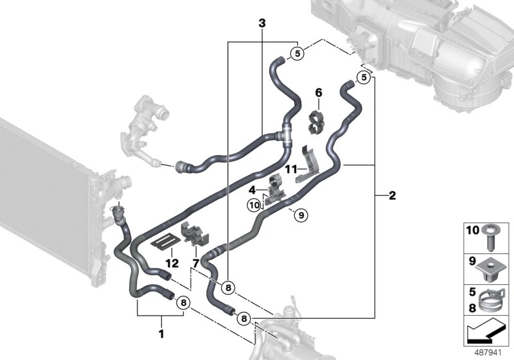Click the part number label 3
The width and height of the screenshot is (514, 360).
(x=261, y=23)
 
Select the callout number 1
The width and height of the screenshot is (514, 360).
(x=161, y=334)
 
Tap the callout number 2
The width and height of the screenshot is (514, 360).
(x=392, y=195)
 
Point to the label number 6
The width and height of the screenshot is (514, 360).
(x=317, y=93)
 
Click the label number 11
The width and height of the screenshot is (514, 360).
(x=289, y=169)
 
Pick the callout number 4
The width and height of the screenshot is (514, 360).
(x=253, y=189)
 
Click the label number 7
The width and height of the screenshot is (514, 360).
(x=195, y=263)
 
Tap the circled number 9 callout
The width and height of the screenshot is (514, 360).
(x=297, y=215)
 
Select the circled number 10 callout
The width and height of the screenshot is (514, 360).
(x=254, y=206)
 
